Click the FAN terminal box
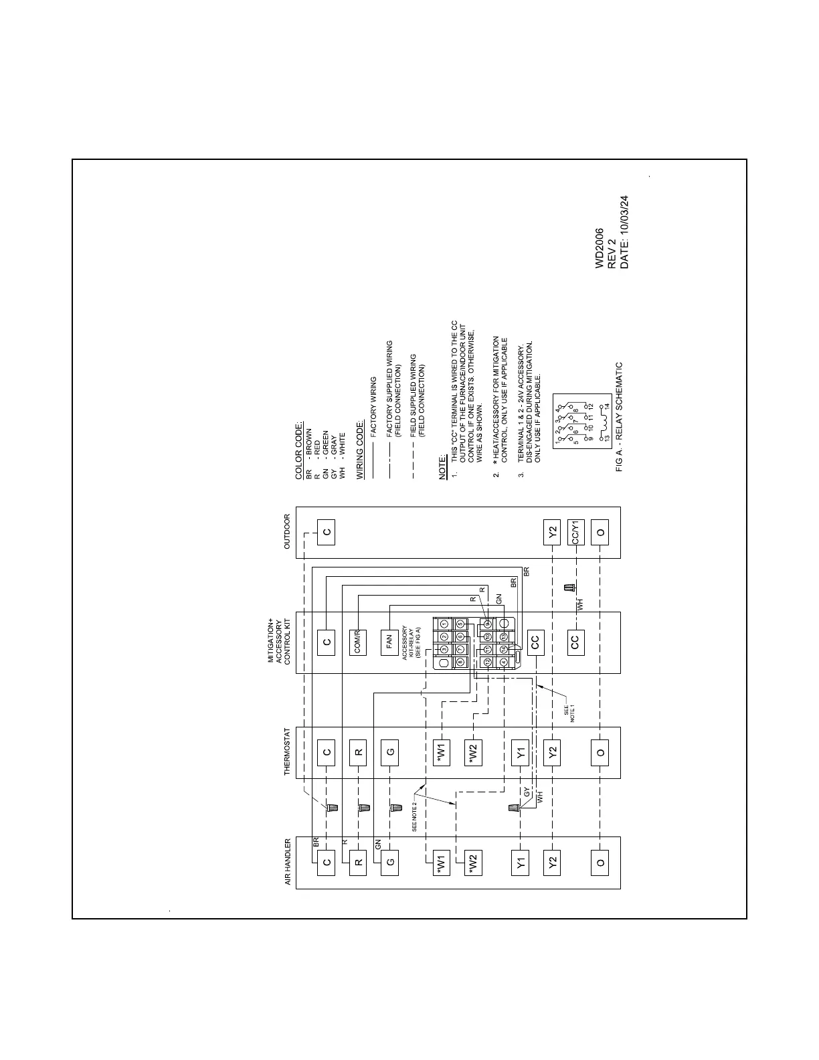pos(390,642)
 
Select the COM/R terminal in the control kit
pos(359,642)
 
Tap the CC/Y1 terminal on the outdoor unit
pos(575,532)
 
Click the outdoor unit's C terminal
pos(327,532)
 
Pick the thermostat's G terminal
pos(391,752)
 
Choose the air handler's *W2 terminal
pos(473,862)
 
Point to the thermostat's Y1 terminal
pos(521,752)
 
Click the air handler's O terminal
pos(600,862)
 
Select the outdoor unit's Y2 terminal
pos(552,532)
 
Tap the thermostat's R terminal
pos(359,752)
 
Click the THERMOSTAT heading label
pos(287,752)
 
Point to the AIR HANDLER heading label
pos(287,863)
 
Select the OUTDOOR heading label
pos(287,532)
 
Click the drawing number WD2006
pos(600,248)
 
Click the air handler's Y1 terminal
pos(521,862)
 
